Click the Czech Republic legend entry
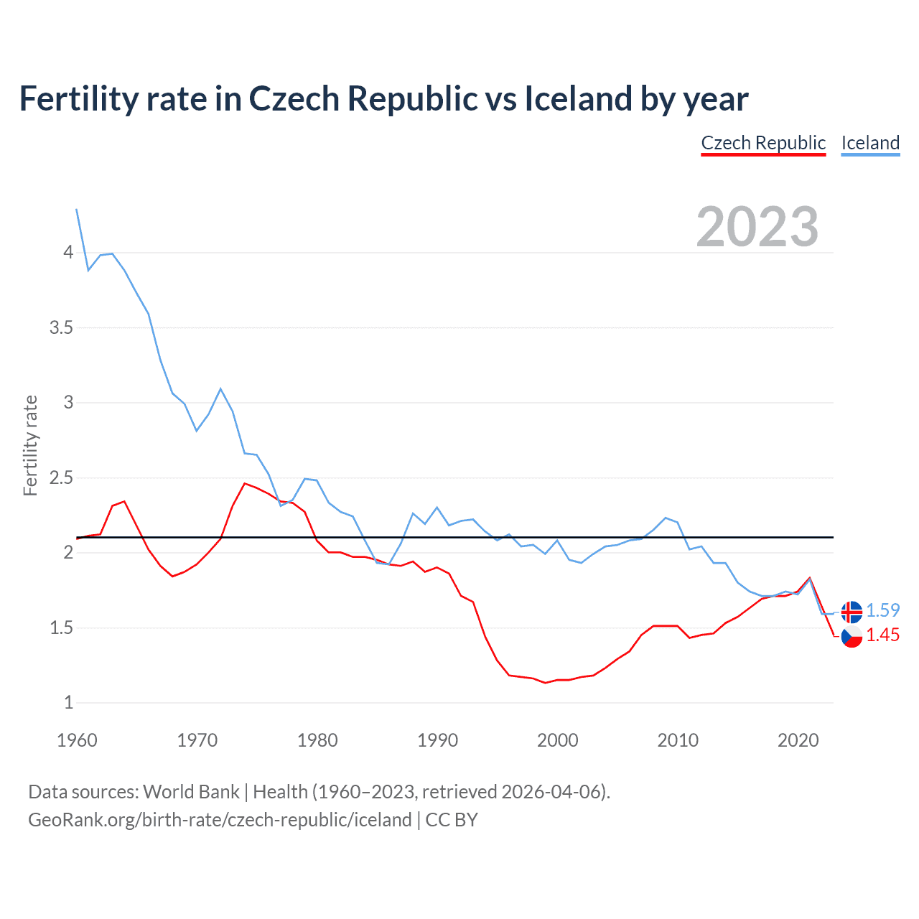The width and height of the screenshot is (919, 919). [763, 143]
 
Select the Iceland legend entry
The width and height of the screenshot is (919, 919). [870, 143]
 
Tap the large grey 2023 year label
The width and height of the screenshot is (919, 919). [757, 227]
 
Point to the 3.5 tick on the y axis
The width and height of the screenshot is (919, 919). [61, 328]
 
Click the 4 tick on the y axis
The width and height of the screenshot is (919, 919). [68, 253]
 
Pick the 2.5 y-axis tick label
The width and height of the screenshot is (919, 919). [61, 478]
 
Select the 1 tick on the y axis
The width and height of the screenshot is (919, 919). [68, 703]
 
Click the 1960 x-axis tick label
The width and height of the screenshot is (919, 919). [77, 740]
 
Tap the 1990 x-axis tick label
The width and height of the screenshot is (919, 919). [437, 740]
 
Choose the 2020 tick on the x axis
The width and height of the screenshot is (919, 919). [798, 740]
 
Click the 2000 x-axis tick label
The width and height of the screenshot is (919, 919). [557, 740]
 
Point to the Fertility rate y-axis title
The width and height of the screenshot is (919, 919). [30, 445]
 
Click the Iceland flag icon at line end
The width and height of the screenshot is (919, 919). [852, 612]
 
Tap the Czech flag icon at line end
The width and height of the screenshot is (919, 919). [852, 636]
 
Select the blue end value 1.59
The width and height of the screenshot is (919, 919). [882, 610]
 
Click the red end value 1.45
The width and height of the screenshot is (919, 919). [882, 635]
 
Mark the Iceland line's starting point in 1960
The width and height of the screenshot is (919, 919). [77, 210]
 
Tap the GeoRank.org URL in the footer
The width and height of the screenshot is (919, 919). [220, 820]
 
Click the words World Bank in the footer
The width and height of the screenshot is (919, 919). [191, 792]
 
